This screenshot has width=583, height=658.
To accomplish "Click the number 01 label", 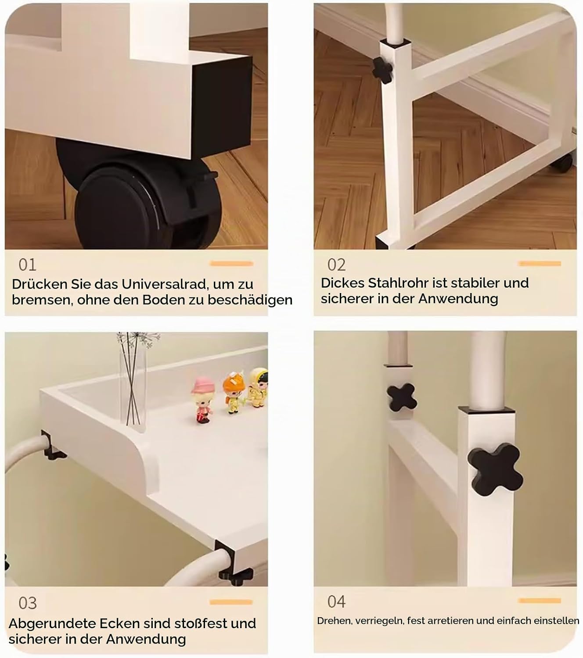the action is [x=27, y=265].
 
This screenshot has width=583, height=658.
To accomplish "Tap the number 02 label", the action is [x=336, y=265].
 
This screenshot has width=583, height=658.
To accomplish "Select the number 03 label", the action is [x=28, y=603].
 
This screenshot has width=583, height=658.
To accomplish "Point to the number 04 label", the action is [x=336, y=601].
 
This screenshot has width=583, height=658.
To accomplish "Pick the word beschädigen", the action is [x=250, y=300].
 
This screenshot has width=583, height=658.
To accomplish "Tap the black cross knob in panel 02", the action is [x=382, y=71].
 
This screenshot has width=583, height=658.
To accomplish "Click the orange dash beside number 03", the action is [x=231, y=602].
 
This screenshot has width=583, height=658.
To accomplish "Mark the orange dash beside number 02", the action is [x=540, y=263].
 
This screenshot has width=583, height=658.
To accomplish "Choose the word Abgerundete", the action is [x=52, y=624].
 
